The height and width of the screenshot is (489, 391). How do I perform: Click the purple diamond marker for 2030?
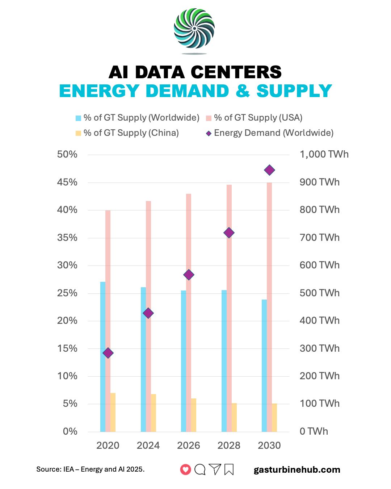tap(269, 170)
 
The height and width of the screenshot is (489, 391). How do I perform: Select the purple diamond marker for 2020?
tap(108, 353)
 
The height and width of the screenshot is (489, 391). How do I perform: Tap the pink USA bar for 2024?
tap(148, 315)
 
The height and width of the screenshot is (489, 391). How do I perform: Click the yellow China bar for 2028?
tap(234, 417)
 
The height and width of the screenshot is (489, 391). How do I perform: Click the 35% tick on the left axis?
tap(67, 238)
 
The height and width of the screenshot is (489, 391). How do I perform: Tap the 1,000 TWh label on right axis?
tap(324, 154)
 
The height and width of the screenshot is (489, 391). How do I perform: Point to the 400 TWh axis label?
tap(319, 321)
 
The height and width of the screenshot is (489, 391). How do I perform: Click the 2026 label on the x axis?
tap(188, 445)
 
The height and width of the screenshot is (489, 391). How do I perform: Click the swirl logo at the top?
tap(194, 29)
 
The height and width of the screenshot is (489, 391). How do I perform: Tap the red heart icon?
tap(185, 469)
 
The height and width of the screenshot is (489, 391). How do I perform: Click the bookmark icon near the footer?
tap(229, 469)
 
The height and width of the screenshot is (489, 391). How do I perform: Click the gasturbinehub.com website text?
tap(297, 469)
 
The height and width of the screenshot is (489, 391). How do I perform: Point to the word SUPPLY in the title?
tap(294, 91)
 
